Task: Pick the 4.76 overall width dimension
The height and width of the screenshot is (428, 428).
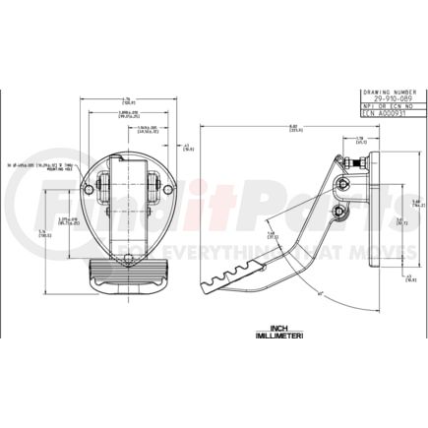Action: point(128,97)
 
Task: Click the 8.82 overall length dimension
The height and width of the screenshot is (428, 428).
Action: point(281,126)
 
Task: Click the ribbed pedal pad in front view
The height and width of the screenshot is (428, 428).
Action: point(128,274)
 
